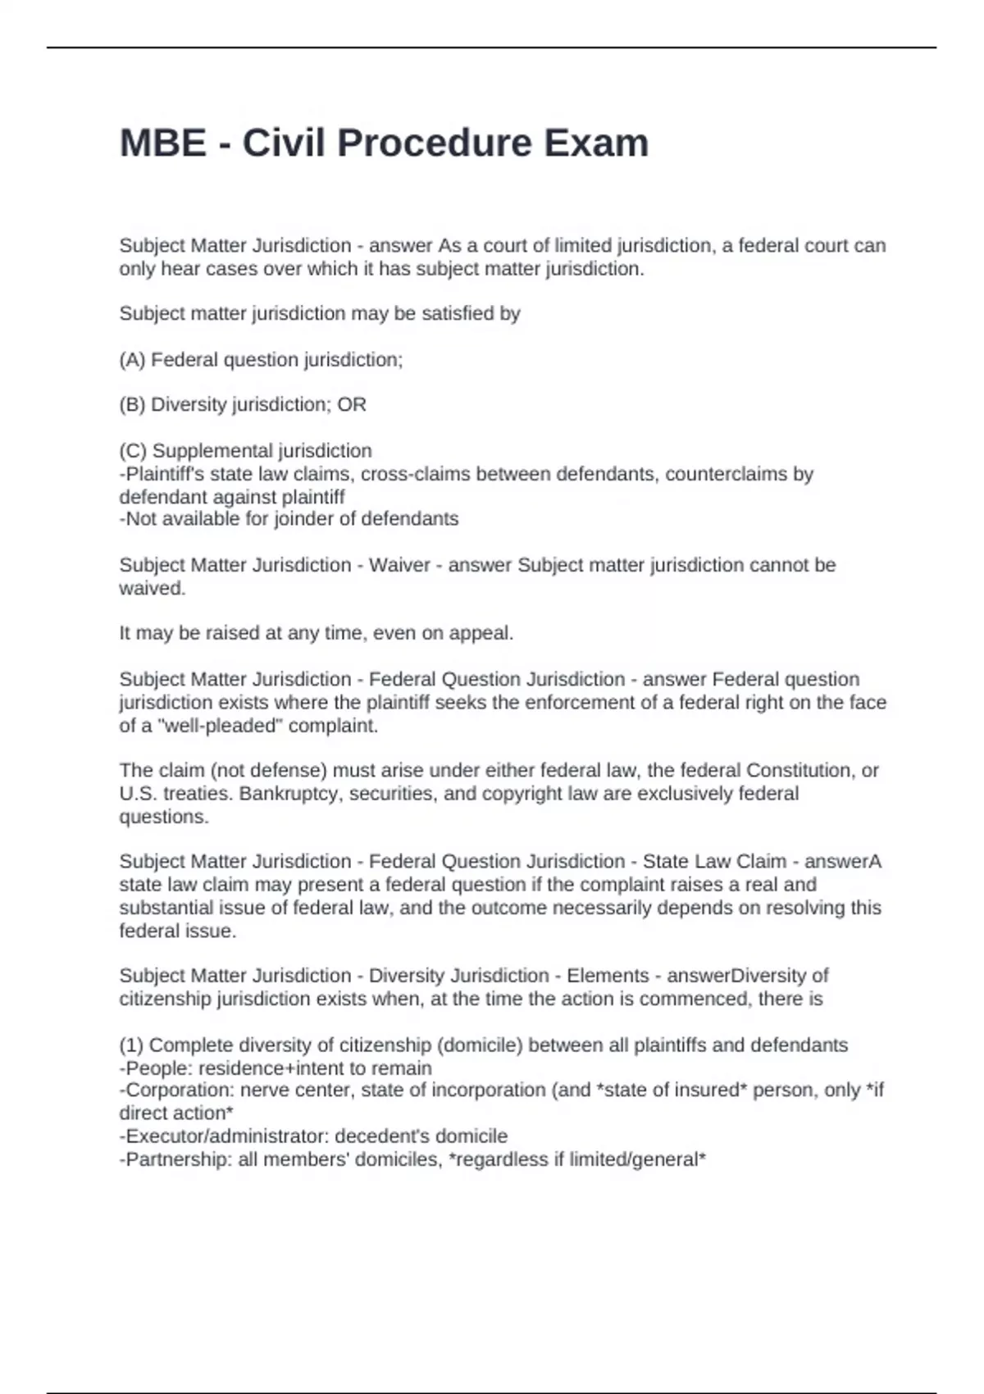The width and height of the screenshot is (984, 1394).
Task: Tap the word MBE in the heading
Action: click(163, 143)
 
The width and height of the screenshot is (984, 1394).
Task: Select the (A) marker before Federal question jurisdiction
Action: click(132, 360)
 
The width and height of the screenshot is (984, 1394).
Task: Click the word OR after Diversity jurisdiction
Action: click(352, 405)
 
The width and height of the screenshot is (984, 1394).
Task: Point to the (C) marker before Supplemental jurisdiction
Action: click(133, 451)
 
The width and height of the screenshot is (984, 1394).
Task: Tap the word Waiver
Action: click(399, 565)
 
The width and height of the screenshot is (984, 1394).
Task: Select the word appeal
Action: click(485, 634)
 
